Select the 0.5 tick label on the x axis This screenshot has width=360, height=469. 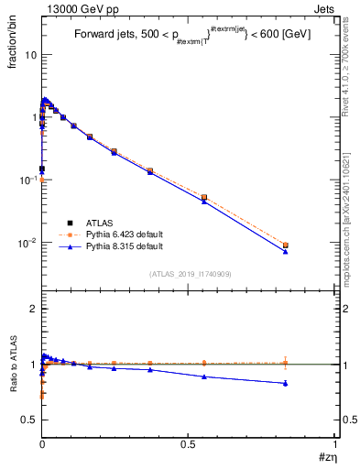(188, 444)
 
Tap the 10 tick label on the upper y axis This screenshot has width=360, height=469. (29, 54)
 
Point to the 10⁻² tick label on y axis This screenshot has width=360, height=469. (27, 244)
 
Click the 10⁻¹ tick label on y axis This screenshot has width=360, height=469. (27, 180)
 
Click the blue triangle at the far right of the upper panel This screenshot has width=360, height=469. (286, 251)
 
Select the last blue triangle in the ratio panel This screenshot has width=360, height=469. (286, 383)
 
